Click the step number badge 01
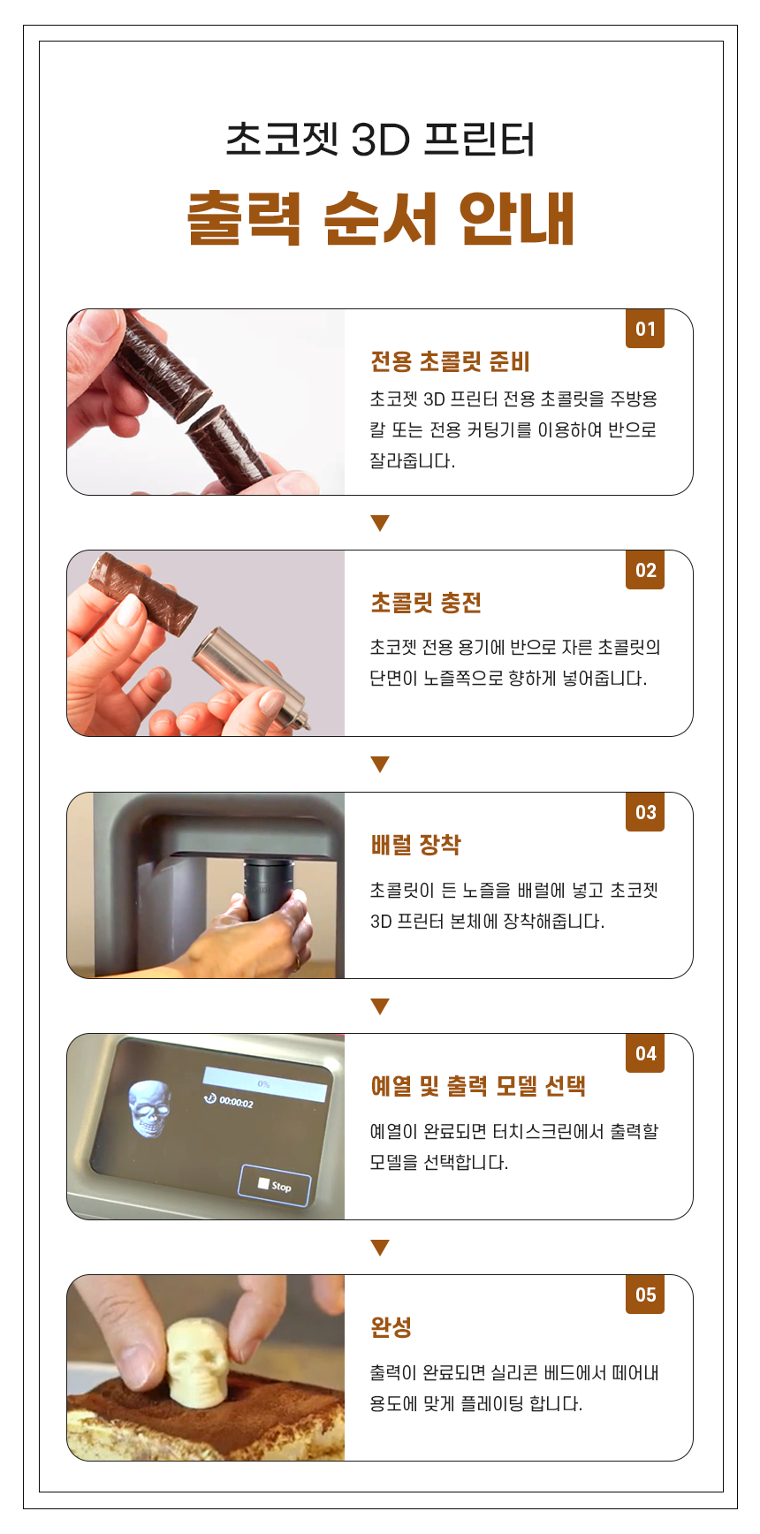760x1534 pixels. tap(645, 329)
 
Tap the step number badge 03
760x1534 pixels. tap(645, 812)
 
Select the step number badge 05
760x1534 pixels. tap(645, 1295)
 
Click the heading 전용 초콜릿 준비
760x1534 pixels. tap(450, 361)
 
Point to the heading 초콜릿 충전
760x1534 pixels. tap(426, 603)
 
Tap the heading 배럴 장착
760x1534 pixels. tap(415, 845)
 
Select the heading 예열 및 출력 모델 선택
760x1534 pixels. tap(478, 1086)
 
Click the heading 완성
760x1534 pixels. tap(391, 1327)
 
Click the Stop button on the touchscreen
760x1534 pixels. tap(275, 1185)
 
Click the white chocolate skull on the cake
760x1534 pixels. tap(199, 1360)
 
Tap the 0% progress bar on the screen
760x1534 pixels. tap(264, 1083)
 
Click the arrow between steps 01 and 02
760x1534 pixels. tap(380, 523)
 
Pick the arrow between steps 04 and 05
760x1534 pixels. tap(380, 1248)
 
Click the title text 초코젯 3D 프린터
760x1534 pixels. tap(380, 140)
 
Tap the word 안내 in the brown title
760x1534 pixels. tap(517, 217)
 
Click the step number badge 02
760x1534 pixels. tap(645, 570)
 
